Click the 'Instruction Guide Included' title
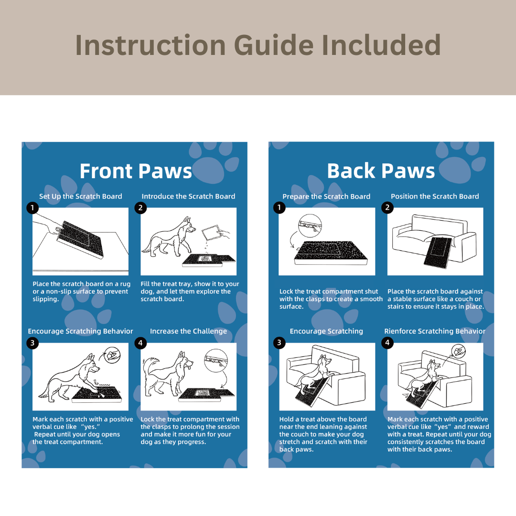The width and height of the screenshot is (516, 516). point(258,45)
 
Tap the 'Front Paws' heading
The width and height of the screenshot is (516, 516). point(136,171)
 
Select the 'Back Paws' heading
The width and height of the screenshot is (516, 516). point(381,171)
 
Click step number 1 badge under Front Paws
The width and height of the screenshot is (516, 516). point(32,207)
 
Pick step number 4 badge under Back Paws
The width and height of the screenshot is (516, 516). point(388,343)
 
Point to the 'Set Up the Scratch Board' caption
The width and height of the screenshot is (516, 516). point(81,196)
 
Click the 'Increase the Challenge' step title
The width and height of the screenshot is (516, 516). point(188,331)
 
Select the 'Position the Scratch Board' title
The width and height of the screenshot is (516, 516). point(435,196)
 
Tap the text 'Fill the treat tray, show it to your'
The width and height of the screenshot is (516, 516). point(190,284)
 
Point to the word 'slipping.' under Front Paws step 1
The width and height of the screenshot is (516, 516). point(46,299)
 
